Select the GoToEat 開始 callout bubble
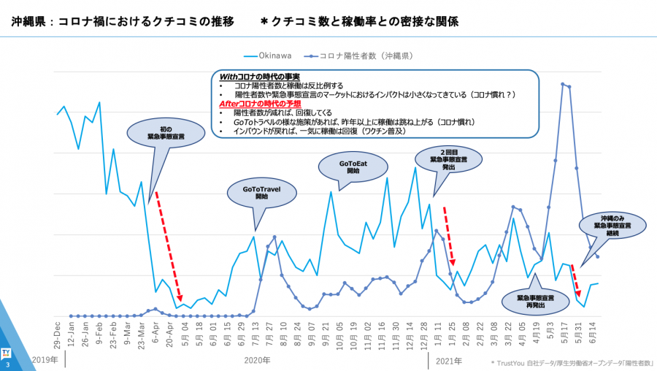[x=353, y=167]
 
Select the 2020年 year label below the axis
[x=256, y=361]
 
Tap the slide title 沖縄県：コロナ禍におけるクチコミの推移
[x=123, y=21]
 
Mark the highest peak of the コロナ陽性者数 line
[x=563, y=84]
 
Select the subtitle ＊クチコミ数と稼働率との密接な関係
[x=359, y=21]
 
